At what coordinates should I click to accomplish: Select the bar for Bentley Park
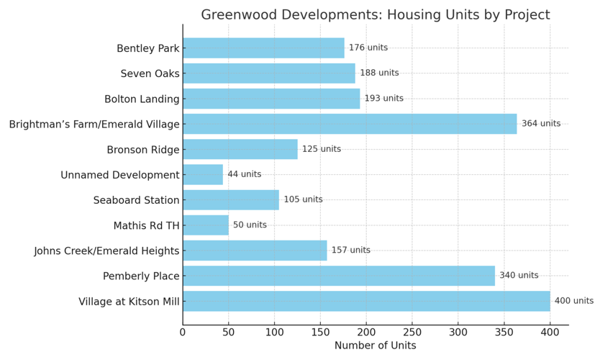(x=263, y=48)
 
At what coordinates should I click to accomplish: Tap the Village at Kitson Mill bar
(x=366, y=301)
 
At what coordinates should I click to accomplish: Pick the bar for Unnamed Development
(x=203, y=174)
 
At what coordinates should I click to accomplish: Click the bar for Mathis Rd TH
(x=206, y=225)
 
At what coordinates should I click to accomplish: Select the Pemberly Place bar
(x=339, y=276)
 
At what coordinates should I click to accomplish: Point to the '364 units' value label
(x=541, y=124)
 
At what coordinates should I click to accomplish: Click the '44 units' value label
(x=245, y=174)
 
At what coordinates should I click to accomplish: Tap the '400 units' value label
(x=574, y=301)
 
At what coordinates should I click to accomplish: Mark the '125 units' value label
(x=322, y=149)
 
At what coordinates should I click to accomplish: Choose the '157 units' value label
(x=351, y=251)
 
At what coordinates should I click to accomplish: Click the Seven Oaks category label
(x=150, y=73)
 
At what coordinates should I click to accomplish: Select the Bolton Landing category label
(x=142, y=99)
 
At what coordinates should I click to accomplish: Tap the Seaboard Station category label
(x=136, y=200)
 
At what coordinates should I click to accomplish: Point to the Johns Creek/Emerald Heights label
(x=106, y=251)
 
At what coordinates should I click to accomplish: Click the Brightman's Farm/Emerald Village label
(x=94, y=125)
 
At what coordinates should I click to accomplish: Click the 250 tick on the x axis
(x=412, y=332)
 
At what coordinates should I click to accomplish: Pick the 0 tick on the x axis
(x=183, y=332)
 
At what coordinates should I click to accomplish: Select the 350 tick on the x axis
(x=504, y=332)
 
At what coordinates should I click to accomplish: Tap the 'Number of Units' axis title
(x=375, y=346)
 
